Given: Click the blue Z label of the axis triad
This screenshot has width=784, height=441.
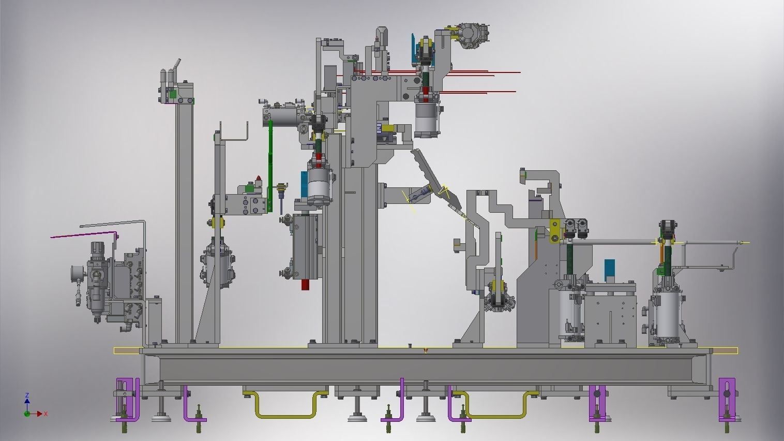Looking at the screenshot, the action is click(27, 395).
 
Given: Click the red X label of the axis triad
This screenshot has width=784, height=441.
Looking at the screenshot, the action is click(46, 414).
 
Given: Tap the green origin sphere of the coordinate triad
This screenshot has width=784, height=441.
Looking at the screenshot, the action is click(27, 414).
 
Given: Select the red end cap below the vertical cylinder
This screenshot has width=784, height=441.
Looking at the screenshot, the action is click(307, 285).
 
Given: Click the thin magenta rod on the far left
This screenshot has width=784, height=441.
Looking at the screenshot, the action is click(84, 234).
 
